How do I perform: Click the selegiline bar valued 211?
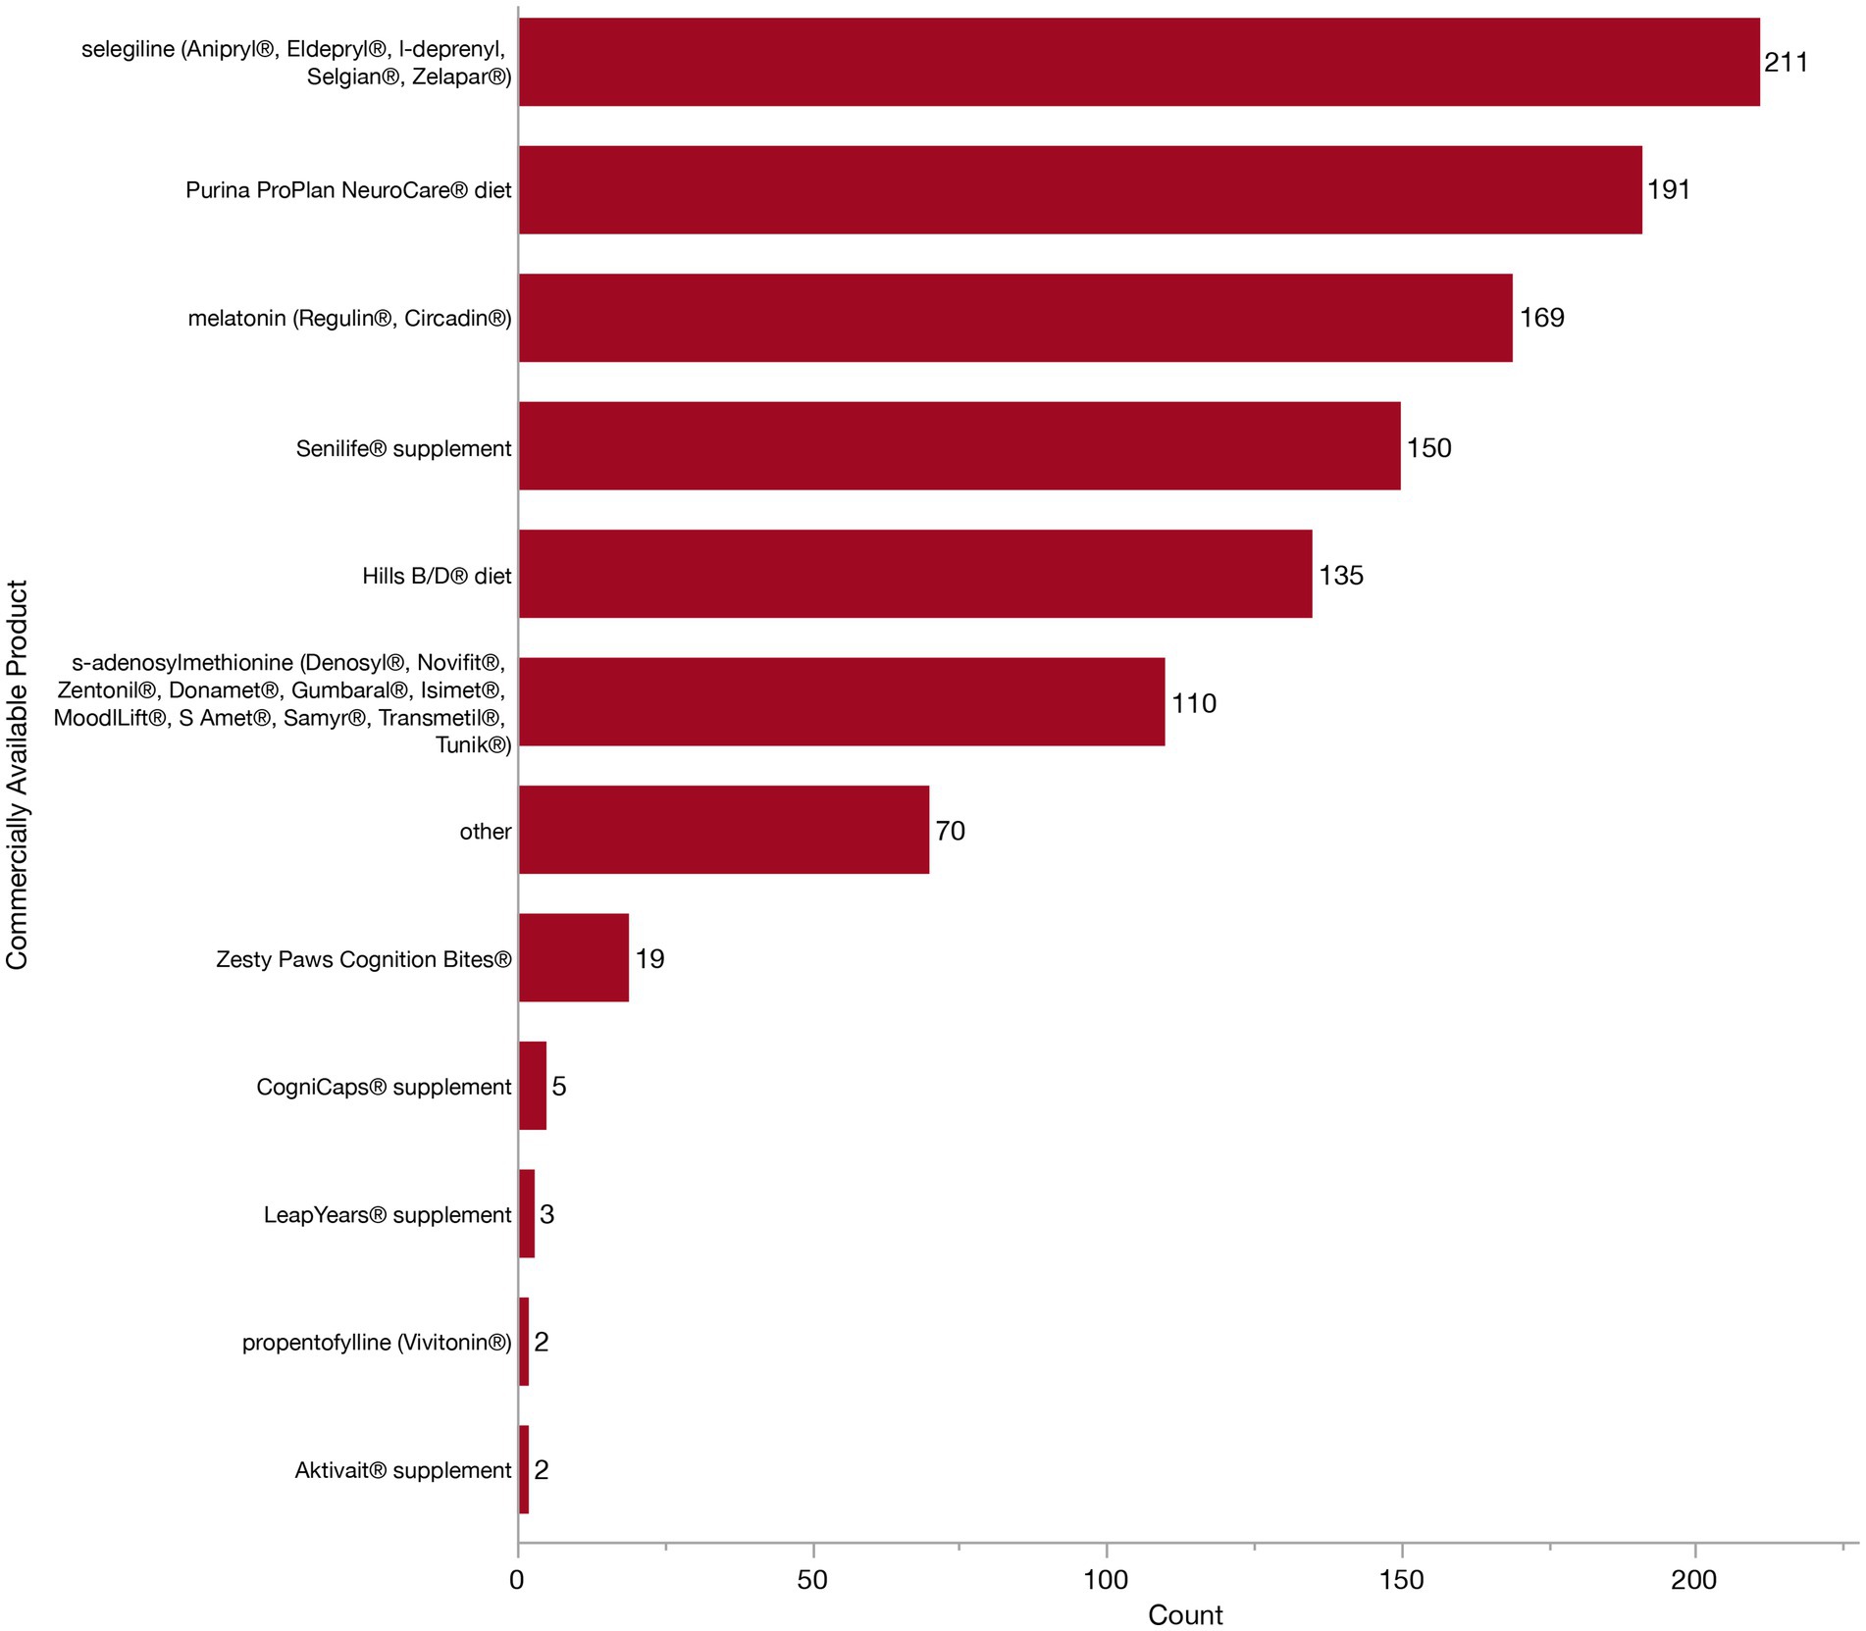pyautogui.click(x=1138, y=62)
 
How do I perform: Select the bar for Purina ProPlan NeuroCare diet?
pyautogui.click(x=1079, y=189)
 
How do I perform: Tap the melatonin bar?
pyautogui.click(x=1015, y=318)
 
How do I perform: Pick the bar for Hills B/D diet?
pyautogui.click(x=914, y=574)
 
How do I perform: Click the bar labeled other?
pyautogui.click(x=723, y=830)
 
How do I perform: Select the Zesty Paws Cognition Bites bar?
pyautogui.click(x=573, y=957)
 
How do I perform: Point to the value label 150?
pyautogui.click(x=1428, y=448)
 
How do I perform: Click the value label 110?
pyautogui.click(x=1193, y=703)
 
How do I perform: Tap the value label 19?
pyautogui.click(x=649, y=958)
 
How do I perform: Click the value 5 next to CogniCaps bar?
pyautogui.click(x=558, y=1086)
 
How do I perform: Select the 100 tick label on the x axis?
pyautogui.click(x=1106, y=1580)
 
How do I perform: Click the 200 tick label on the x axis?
pyautogui.click(x=1694, y=1580)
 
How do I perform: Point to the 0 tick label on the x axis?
pyautogui.click(x=517, y=1580)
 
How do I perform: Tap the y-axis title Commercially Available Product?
pyautogui.click(x=18, y=775)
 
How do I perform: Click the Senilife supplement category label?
pyautogui.click(x=403, y=448)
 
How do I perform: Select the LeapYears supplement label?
pyautogui.click(x=387, y=1214)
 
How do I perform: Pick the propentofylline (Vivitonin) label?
pyautogui.click(x=376, y=1342)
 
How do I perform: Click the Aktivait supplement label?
pyautogui.click(x=402, y=1470)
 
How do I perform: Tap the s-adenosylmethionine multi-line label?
pyautogui.click(x=282, y=703)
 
